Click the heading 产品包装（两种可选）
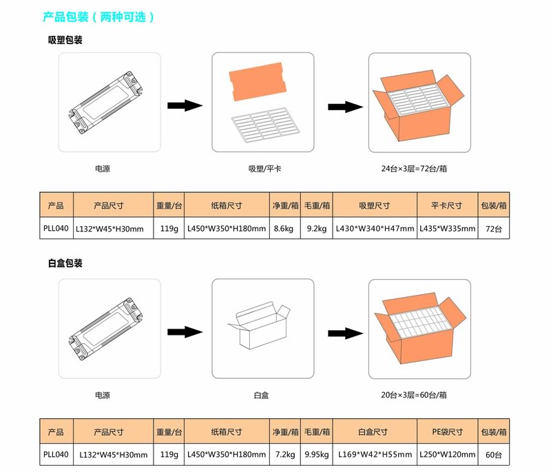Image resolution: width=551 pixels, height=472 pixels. [98, 17]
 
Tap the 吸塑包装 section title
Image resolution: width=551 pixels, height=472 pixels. [65, 41]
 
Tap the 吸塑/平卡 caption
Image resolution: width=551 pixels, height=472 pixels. [262, 168]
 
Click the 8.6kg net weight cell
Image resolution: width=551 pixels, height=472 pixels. [284, 228]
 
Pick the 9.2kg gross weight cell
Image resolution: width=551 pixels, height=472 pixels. [316, 228]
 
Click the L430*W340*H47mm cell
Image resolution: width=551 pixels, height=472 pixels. [374, 228]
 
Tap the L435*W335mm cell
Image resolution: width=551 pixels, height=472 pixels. [447, 228]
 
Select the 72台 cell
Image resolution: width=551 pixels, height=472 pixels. [494, 228]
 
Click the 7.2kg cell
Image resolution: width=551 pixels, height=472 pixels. [284, 455]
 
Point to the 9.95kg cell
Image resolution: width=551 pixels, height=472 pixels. [316, 455]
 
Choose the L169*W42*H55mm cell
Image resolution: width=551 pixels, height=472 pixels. [374, 455]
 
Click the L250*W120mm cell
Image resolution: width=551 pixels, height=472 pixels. [447, 455]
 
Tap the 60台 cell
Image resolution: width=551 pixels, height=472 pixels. [494, 455]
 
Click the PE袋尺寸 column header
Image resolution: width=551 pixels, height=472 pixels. [447, 432]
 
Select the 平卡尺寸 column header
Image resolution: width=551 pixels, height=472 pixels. [447, 205]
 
